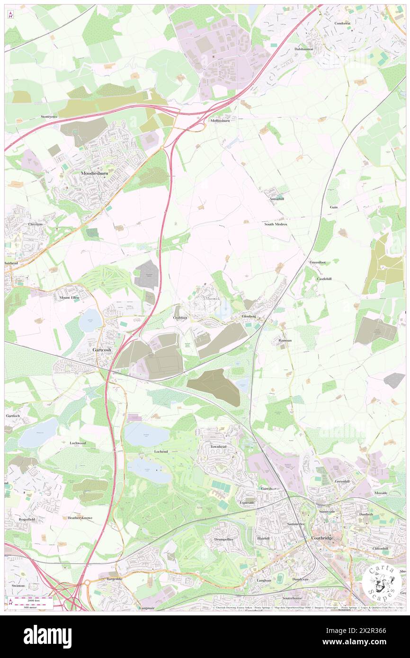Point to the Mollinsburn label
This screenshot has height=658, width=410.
pyautogui.click(x=220, y=120)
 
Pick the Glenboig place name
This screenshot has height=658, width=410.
pyautogui.click(x=249, y=316)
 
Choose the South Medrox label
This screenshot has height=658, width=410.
pyautogui.click(x=276, y=224)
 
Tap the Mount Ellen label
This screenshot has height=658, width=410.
pyautogui.click(x=70, y=298)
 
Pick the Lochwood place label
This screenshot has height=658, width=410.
pyautogui.click(x=77, y=443)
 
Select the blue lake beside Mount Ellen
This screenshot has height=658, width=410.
pyautogui.click(x=90, y=320)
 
